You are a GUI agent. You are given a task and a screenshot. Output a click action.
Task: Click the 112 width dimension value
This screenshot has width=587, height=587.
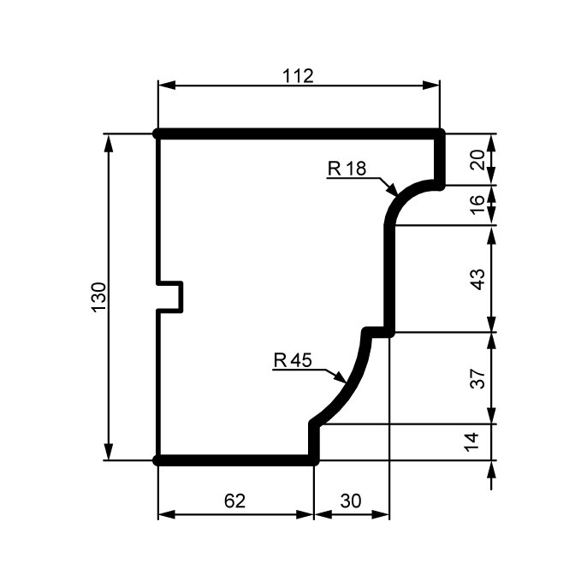click(298, 76)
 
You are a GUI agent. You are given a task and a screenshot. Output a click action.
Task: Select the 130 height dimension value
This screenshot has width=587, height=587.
click(99, 298)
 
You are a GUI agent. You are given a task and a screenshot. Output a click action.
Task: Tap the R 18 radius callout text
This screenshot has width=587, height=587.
click(347, 169)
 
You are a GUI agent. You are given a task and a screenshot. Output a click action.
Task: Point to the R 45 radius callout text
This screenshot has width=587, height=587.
click(293, 360)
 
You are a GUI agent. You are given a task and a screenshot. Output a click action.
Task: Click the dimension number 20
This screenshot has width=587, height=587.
click(477, 160)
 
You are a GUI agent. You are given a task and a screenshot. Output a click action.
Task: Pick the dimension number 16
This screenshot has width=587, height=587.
click(477, 205)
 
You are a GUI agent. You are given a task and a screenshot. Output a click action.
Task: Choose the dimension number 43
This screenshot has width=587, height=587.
click(477, 279)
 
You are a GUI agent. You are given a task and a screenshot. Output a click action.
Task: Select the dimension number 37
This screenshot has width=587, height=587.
click(477, 378)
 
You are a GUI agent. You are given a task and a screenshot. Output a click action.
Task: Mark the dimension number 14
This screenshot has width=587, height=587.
click(471, 442)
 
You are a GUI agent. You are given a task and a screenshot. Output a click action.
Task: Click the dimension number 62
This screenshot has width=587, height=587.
click(235, 501)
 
